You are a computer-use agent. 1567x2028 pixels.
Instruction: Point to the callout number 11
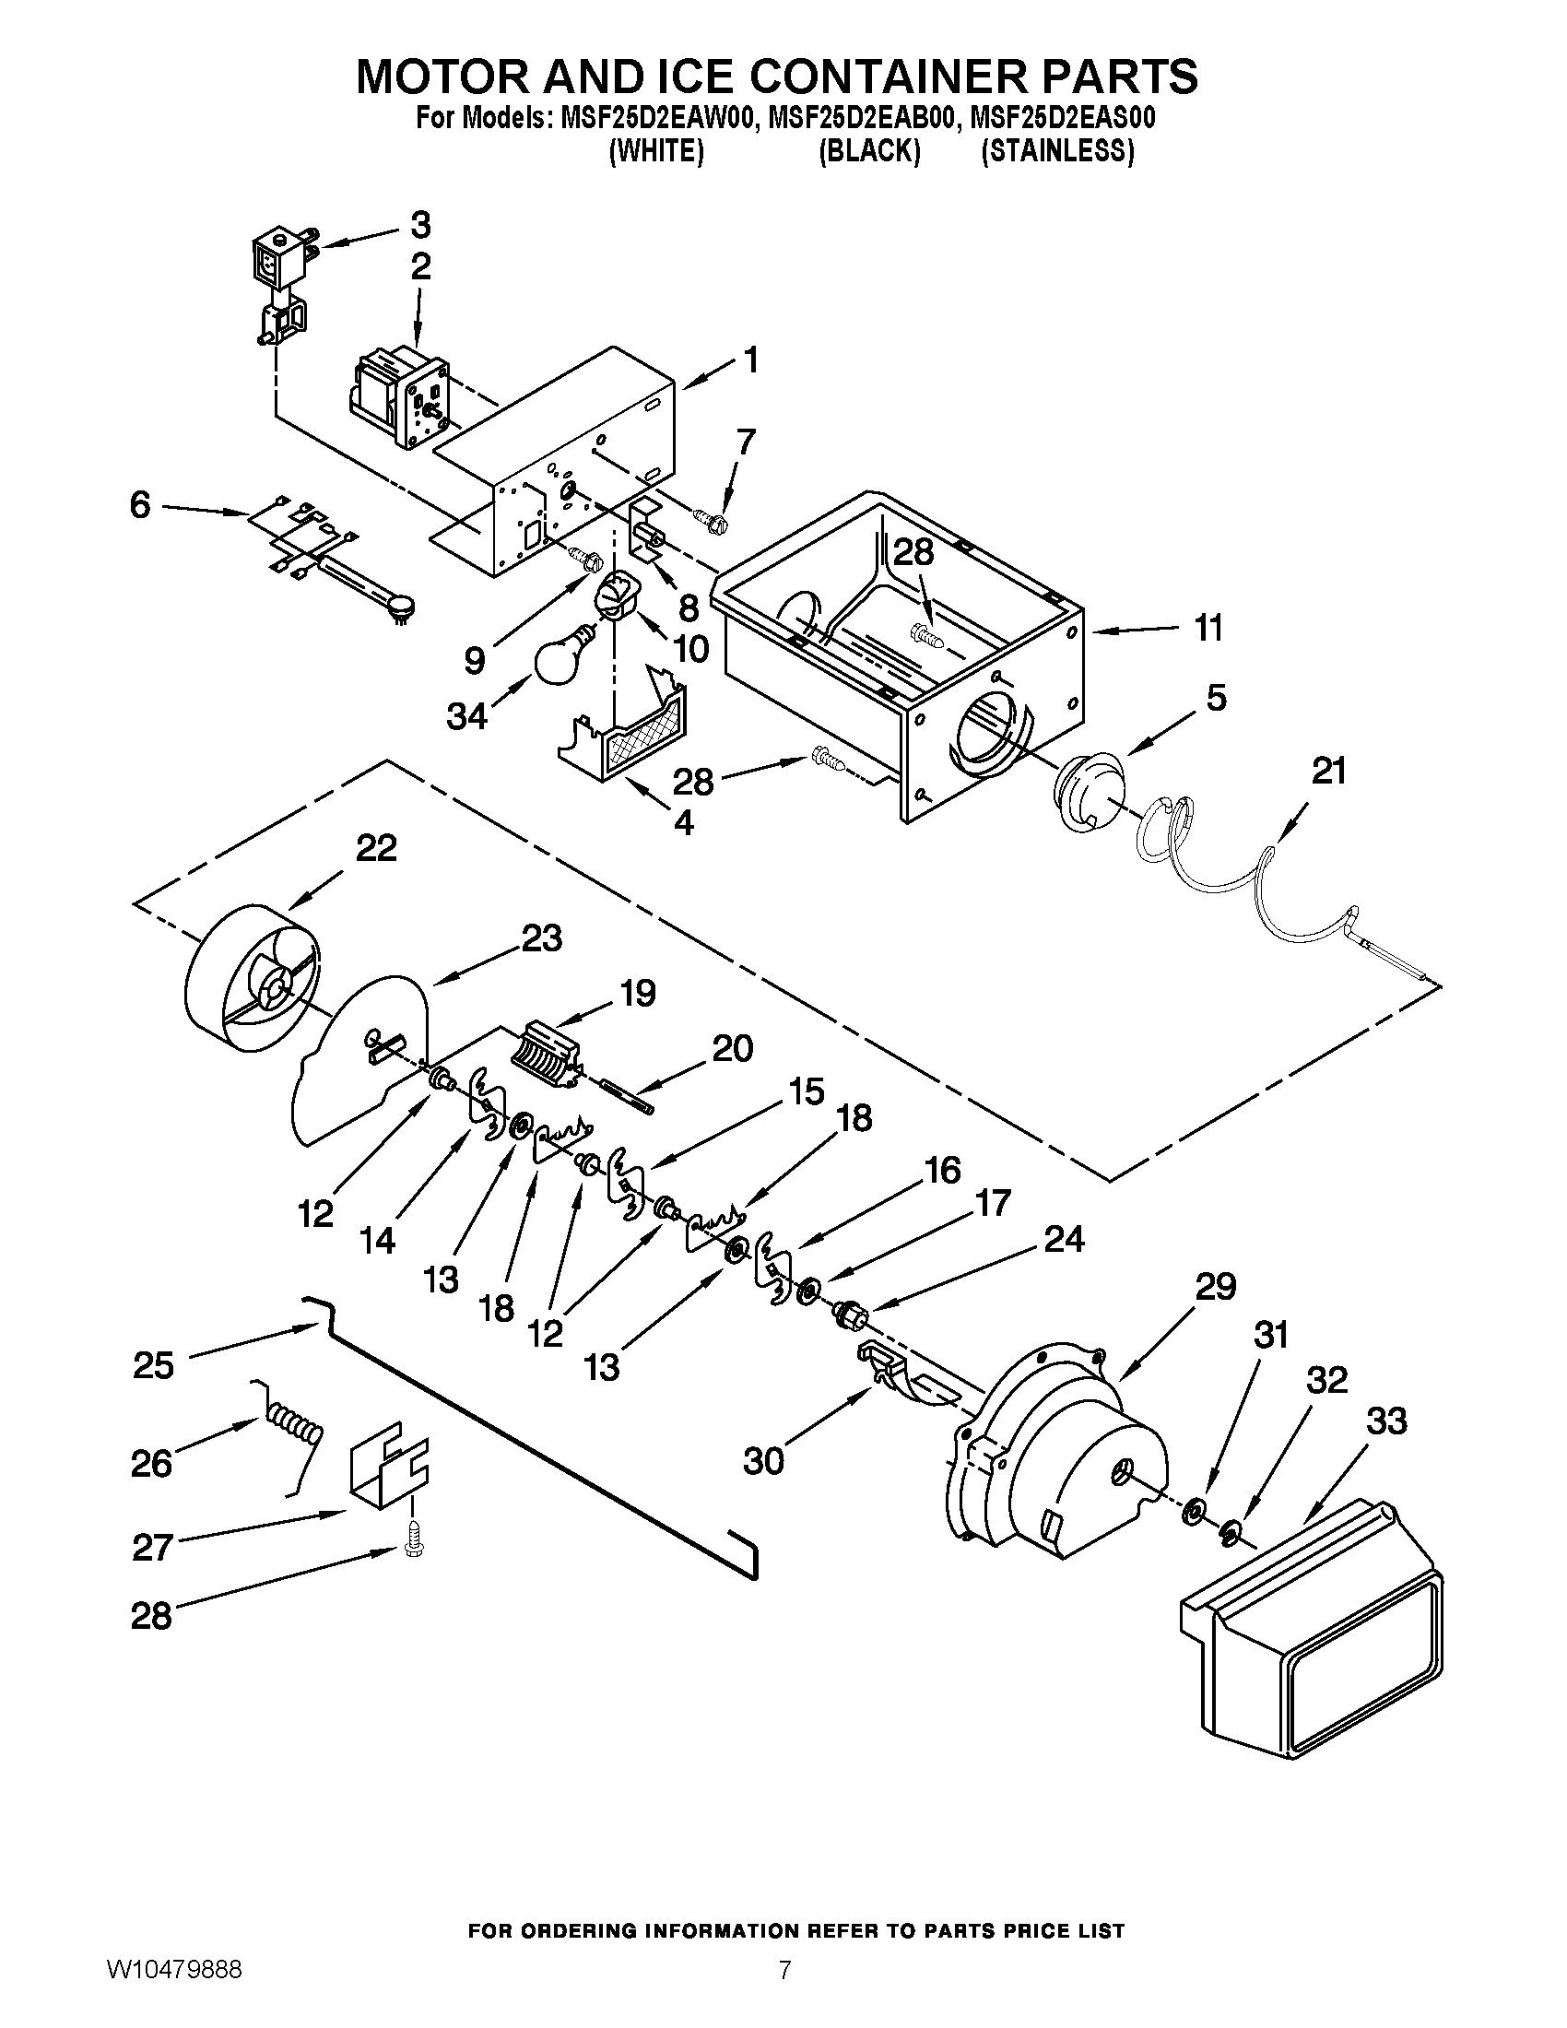coord(1207,629)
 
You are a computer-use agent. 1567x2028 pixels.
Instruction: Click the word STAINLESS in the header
coord(1057,151)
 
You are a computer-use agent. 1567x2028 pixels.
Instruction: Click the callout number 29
coord(1214,1288)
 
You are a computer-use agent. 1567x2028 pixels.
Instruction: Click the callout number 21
coord(1328,772)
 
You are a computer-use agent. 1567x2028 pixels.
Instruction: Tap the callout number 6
coord(139,506)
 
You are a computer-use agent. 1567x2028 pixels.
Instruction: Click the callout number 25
coord(153,1365)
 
